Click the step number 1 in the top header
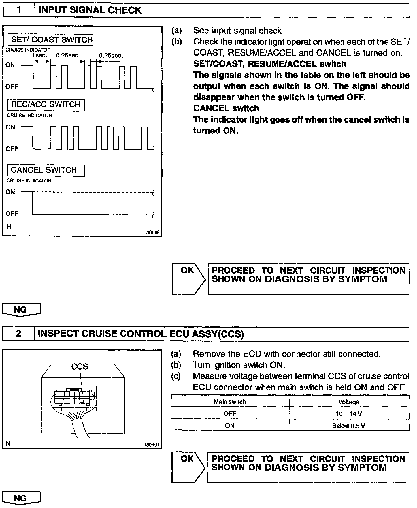[x=19, y=10]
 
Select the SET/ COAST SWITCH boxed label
[x=50, y=40]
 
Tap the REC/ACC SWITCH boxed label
[x=46, y=105]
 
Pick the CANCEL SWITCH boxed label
[x=46, y=170]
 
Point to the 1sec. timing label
[x=40, y=56]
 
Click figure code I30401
[x=152, y=445]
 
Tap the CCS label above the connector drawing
[x=79, y=366]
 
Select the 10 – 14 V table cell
[x=349, y=414]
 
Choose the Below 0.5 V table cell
[x=349, y=426]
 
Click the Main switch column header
[x=230, y=402]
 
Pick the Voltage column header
[x=349, y=402]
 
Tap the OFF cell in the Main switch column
[x=230, y=414]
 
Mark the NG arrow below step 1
[x=21, y=310]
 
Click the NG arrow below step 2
[x=21, y=498]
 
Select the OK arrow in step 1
[x=188, y=279]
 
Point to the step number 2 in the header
[x=18, y=334]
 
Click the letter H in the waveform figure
[x=9, y=227]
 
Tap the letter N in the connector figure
[x=8, y=443]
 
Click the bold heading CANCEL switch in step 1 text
[x=226, y=108]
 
